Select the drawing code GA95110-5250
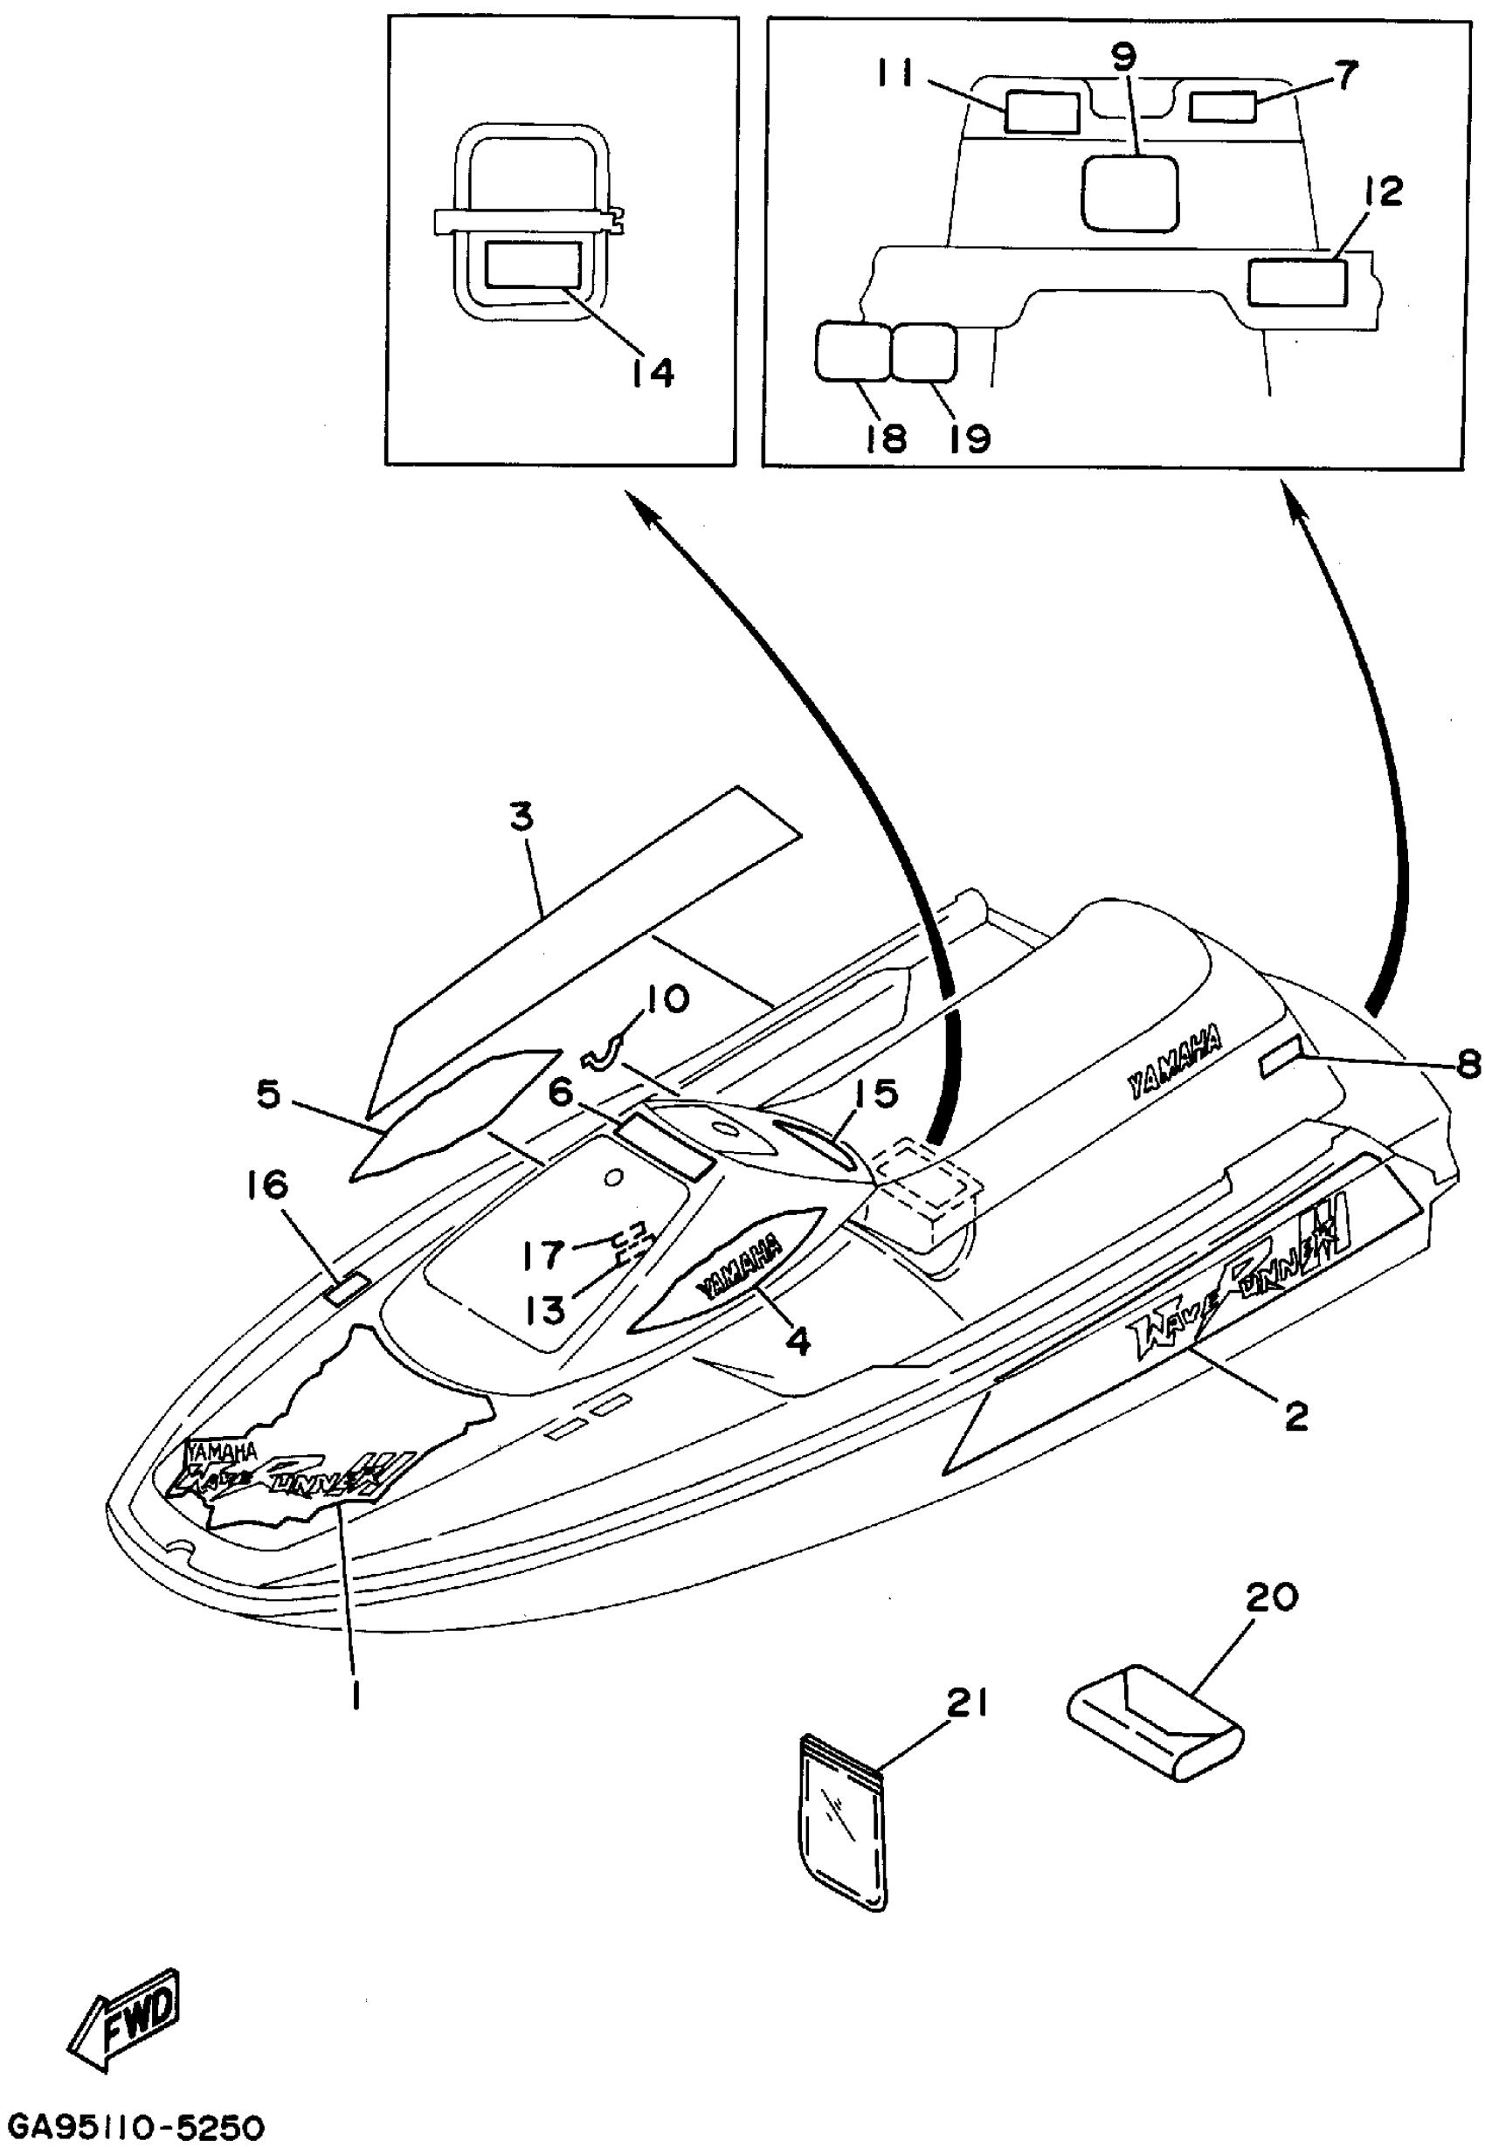136,2128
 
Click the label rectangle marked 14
533,266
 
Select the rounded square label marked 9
1129,194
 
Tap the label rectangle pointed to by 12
1296,282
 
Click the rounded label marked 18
851,352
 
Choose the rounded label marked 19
923,352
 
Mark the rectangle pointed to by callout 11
1041,112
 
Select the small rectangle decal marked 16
345,1288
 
